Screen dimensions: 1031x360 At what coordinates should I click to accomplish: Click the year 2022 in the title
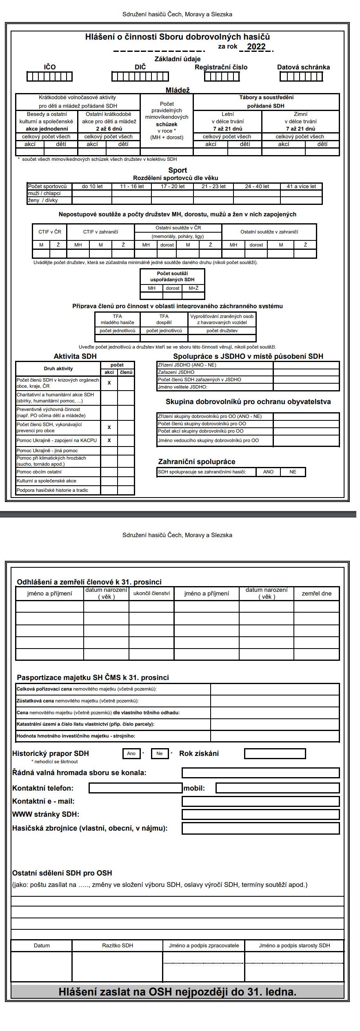[x=256, y=47]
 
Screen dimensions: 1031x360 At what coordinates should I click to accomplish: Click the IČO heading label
[x=50, y=67]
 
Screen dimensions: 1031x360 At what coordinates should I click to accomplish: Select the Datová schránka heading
[x=303, y=67]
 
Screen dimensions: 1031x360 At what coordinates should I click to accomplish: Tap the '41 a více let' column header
[x=301, y=187]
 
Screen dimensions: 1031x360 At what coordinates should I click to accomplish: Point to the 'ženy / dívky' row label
[x=43, y=200]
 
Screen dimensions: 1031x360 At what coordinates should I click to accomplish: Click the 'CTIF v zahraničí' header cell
[x=100, y=232]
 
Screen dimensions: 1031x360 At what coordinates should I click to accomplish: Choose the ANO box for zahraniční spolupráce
[x=268, y=472]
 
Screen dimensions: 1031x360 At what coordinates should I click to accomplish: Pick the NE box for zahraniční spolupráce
[x=293, y=472]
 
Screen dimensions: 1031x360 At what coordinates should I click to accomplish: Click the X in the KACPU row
[x=109, y=441]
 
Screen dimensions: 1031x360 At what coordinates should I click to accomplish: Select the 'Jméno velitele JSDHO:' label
[x=182, y=387]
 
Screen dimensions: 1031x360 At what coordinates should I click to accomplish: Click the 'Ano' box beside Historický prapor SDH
[x=131, y=753]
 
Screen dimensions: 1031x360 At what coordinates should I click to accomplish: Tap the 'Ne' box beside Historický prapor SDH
[x=160, y=753]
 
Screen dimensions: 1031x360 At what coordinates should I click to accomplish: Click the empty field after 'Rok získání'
[x=275, y=753]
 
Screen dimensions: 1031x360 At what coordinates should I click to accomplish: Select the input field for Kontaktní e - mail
[x=260, y=801]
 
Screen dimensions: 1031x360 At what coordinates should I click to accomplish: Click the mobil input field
[x=277, y=788]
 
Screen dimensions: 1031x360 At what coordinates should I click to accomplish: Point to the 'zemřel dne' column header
[x=316, y=593]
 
